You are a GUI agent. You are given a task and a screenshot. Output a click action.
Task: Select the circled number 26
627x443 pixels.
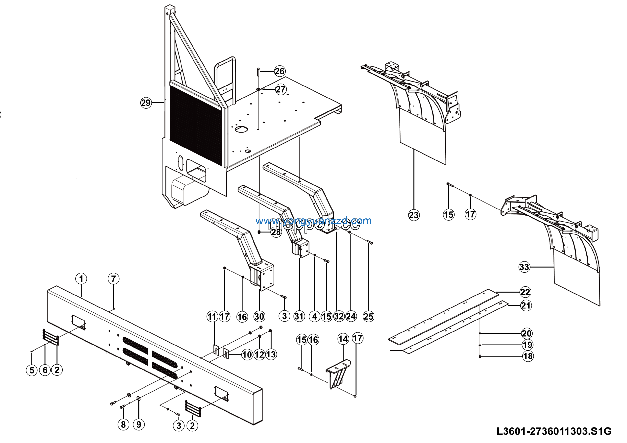[280, 71]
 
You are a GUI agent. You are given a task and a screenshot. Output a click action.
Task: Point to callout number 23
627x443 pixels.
[414, 215]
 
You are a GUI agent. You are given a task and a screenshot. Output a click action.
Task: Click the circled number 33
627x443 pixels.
[524, 267]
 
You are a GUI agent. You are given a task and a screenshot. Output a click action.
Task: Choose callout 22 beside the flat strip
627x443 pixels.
[525, 292]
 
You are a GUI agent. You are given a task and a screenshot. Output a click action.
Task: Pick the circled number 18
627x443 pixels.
[528, 356]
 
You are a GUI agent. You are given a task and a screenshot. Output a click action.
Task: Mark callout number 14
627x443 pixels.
[343, 339]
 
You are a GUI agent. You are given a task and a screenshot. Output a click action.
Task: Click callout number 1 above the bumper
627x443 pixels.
[81, 279]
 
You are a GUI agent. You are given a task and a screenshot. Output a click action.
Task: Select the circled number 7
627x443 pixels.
[113, 279]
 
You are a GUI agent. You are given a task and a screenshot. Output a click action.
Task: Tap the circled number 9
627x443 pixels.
[139, 424]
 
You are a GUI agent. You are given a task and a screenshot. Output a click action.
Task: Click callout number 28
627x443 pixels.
[276, 232]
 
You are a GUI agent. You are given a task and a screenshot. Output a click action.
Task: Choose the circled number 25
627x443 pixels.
[368, 317]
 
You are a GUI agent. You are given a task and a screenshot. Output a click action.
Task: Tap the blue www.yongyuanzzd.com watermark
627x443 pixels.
[313, 221]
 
